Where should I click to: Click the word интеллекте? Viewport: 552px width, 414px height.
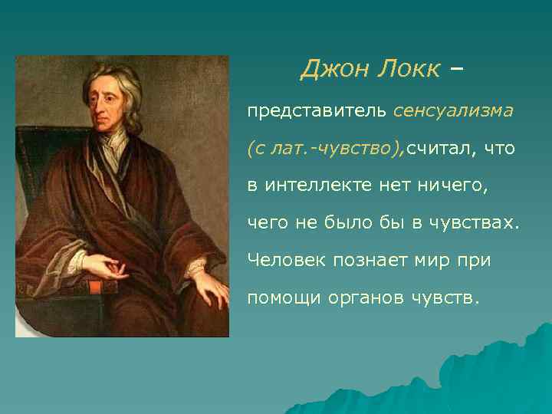pos(317,185)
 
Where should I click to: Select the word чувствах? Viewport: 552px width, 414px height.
pos(479,222)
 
